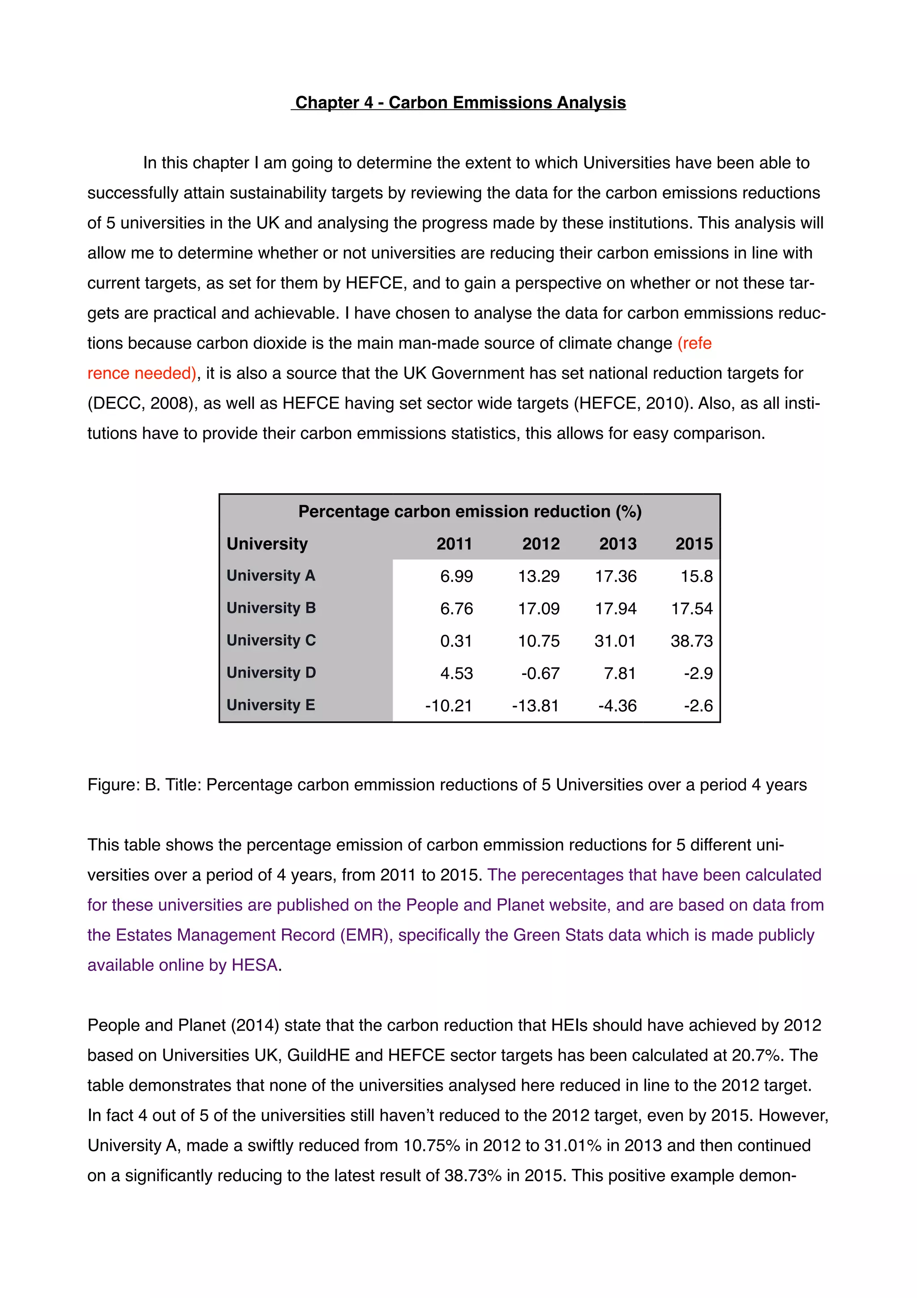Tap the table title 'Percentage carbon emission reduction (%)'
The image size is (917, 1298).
point(470,511)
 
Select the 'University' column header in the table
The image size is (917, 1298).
point(267,544)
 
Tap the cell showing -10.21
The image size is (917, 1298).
point(448,705)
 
